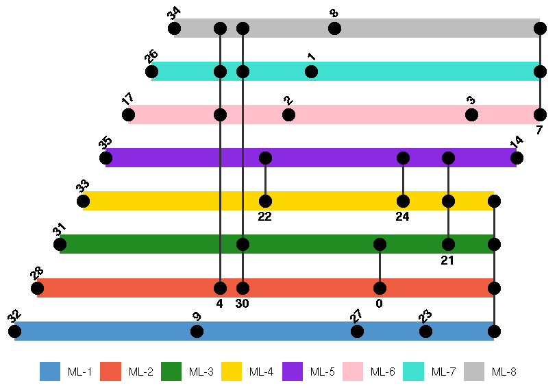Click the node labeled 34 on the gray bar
point(174,28)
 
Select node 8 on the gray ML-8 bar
point(334,28)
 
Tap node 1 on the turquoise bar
point(311,71)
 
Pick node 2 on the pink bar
point(288,114)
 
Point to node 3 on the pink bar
point(471,114)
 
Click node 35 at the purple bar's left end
point(106,158)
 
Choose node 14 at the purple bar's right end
point(517,158)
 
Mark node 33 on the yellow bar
point(83,201)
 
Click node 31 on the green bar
point(60,244)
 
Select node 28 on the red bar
point(37,288)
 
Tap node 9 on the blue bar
point(197,331)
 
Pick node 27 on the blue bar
point(357,331)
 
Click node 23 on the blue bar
point(425,331)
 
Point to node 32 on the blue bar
point(14,331)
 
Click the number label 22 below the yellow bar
point(265,217)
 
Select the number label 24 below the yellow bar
point(403,217)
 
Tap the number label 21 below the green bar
point(448,260)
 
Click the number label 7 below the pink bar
point(540,130)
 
